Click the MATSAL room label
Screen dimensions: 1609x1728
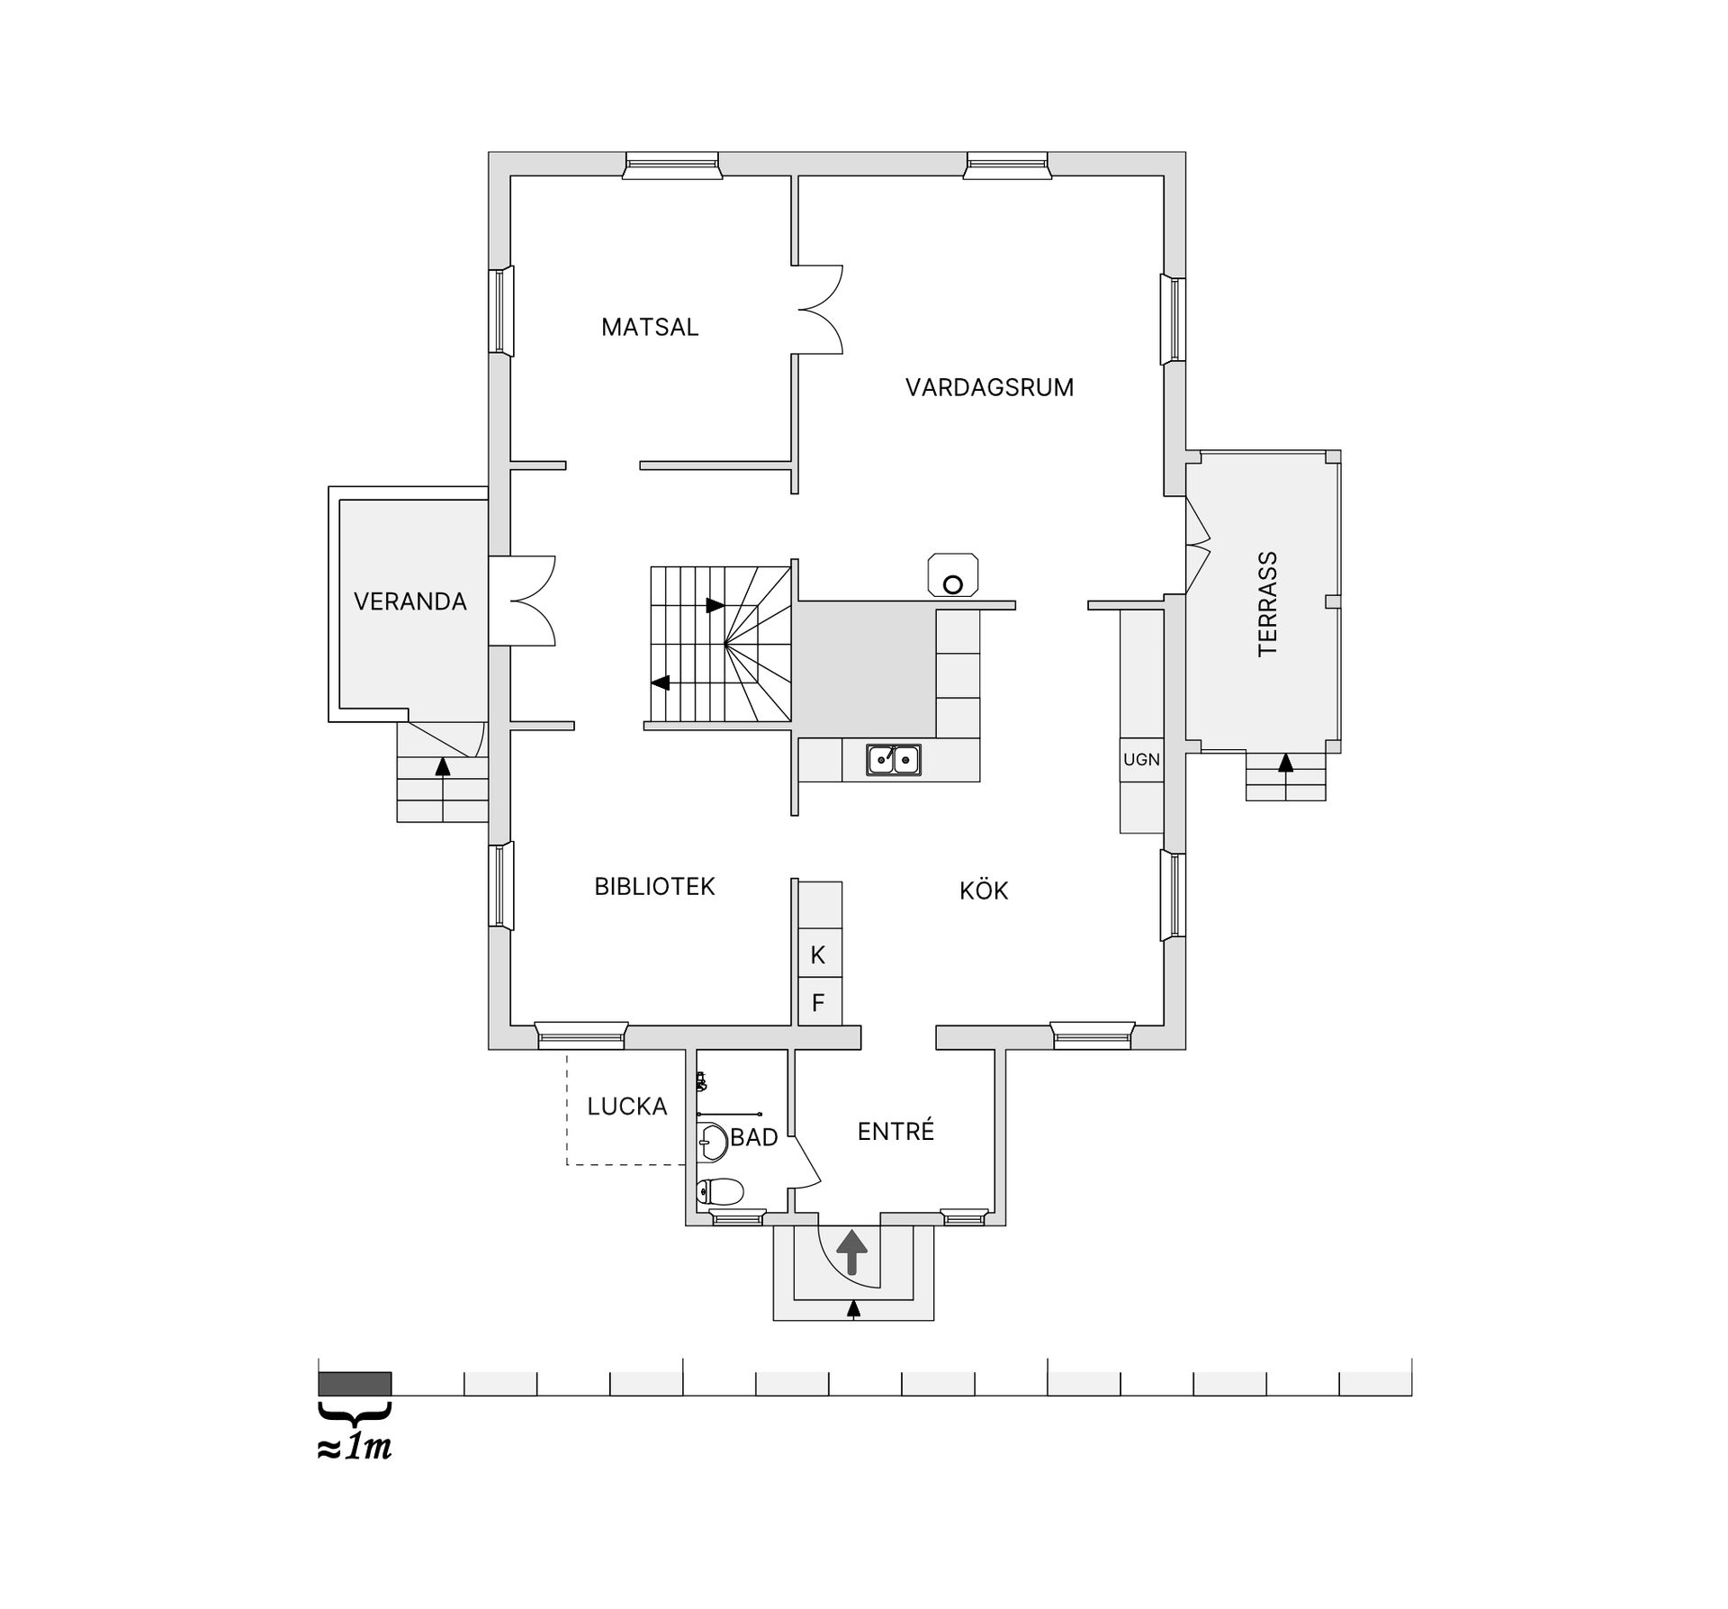click(649, 327)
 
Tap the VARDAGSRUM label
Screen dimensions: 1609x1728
click(989, 388)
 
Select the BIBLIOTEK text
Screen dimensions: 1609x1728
click(654, 887)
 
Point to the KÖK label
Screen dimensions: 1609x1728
click(983, 891)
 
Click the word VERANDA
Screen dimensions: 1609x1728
click(409, 601)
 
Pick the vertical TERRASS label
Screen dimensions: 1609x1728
click(1267, 604)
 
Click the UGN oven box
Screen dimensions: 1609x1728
click(1141, 760)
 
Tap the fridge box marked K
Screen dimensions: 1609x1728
click(818, 955)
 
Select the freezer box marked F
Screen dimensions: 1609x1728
click(818, 1002)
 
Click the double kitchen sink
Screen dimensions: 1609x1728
click(893, 760)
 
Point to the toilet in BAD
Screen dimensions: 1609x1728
click(720, 1191)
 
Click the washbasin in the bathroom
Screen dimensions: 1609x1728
click(712, 1143)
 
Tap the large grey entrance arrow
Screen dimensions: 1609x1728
click(852, 1252)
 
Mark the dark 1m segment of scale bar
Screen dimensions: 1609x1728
click(355, 1383)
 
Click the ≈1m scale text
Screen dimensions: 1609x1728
click(355, 1447)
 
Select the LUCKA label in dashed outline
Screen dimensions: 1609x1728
click(626, 1107)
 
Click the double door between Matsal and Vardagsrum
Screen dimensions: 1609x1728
click(819, 309)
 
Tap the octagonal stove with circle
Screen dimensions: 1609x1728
click(953, 574)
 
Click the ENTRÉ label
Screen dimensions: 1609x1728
click(895, 1132)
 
